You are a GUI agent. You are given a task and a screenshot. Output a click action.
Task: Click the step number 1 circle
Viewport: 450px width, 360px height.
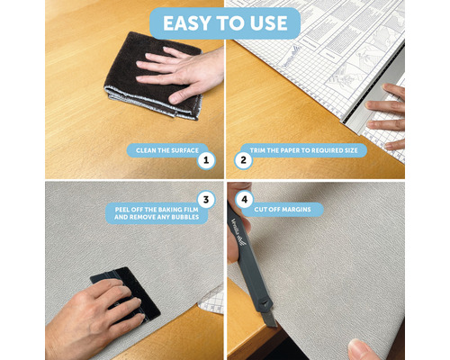[206, 160]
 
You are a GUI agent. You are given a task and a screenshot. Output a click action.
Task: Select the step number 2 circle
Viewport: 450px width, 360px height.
[243, 160]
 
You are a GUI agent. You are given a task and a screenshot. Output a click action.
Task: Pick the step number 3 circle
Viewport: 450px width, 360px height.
[206, 200]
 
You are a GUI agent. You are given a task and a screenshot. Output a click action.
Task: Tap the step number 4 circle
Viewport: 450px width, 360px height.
[245, 200]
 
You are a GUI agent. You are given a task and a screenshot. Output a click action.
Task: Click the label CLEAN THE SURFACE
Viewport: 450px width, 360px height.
[167, 150]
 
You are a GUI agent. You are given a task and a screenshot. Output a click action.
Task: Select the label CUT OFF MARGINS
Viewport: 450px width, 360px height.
[283, 210]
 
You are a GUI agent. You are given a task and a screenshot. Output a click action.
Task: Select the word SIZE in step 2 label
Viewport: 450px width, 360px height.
[351, 150]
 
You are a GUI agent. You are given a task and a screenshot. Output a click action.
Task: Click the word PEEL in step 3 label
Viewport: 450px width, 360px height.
[122, 210]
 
